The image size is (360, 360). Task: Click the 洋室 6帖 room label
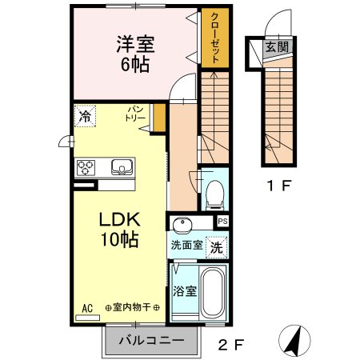click(x=134, y=53)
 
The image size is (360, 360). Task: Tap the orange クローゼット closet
click(x=213, y=38)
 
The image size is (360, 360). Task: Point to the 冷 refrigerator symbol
click(x=84, y=117)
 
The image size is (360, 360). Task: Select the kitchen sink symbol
click(x=122, y=166)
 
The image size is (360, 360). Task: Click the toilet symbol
click(x=214, y=192)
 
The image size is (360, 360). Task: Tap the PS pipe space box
click(x=222, y=222)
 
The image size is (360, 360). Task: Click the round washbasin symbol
click(x=183, y=223)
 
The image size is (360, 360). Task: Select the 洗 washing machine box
click(x=216, y=248)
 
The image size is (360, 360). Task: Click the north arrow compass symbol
click(x=294, y=342)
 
